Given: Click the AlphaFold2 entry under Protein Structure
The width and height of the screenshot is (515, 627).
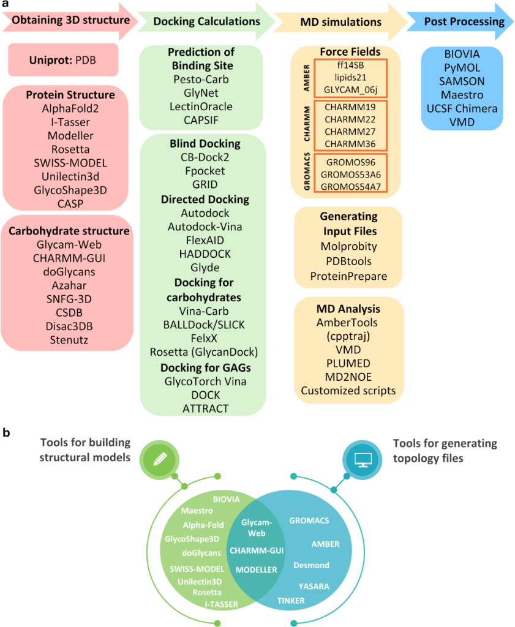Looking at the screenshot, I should tap(68, 108).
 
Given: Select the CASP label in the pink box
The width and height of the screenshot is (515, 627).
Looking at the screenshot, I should tap(68, 203).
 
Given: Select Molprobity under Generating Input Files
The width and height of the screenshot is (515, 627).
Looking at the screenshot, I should tap(348, 246).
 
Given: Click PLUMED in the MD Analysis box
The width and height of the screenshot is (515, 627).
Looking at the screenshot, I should tap(348, 363).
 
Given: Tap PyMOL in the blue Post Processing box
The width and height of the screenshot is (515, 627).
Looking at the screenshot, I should tap(463, 68).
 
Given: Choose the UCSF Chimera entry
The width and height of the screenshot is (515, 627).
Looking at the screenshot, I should tap(463, 108).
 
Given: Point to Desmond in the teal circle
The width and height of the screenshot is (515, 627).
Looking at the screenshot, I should tap(311, 565).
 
